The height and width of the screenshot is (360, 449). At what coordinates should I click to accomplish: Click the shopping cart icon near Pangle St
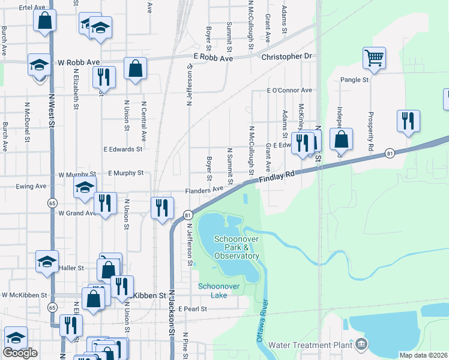(x=374, y=58)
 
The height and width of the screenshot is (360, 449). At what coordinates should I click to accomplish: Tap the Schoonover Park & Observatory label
(x=237, y=247)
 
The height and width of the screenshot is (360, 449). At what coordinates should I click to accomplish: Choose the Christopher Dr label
(x=288, y=56)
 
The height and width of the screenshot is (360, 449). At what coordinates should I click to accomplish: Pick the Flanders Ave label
(x=204, y=190)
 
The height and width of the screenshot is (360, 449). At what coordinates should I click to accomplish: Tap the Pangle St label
(x=354, y=79)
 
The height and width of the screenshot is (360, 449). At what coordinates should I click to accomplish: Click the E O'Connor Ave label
(x=289, y=90)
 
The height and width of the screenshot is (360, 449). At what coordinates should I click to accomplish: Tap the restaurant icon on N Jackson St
(x=162, y=208)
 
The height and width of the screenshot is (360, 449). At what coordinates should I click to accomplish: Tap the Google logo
(x=20, y=353)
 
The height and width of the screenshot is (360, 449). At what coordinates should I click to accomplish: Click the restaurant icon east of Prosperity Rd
(x=408, y=120)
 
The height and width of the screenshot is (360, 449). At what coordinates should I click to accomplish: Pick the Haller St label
(x=72, y=268)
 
